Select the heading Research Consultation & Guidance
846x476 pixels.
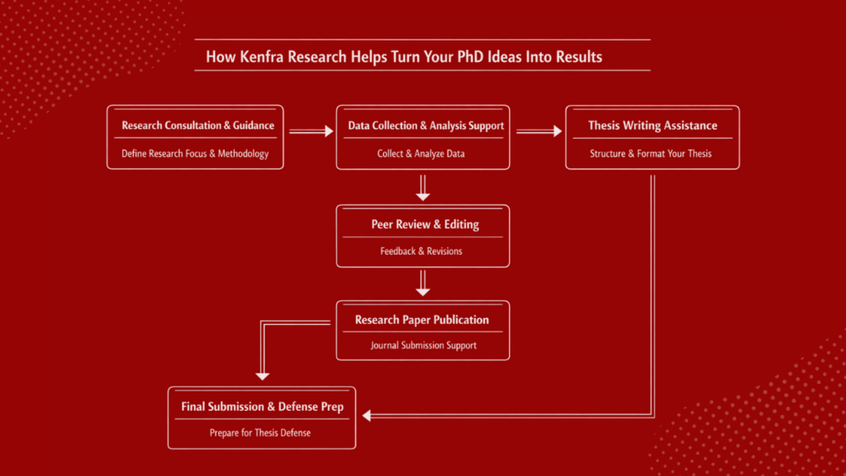tap(197, 126)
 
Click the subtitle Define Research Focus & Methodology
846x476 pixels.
tap(195, 154)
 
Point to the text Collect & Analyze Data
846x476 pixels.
tap(423, 154)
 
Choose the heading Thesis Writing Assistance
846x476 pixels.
tap(653, 126)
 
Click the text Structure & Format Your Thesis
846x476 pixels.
tap(651, 154)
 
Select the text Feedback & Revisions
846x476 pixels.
tap(421, 251)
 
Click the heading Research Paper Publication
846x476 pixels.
tap(422, 320)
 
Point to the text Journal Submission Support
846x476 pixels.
tap(423, 345)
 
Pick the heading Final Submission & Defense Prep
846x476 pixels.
tap(262, 407)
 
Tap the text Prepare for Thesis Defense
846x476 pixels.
tap(260, 432)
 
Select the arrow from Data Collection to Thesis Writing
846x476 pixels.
tap(538, 131)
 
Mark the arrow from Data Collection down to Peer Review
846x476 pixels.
tap(423, 187)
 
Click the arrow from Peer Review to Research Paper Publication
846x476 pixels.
tap(423, 283)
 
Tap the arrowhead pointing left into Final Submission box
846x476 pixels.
tap(367, 416)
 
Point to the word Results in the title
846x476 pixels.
tap(579, 57)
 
